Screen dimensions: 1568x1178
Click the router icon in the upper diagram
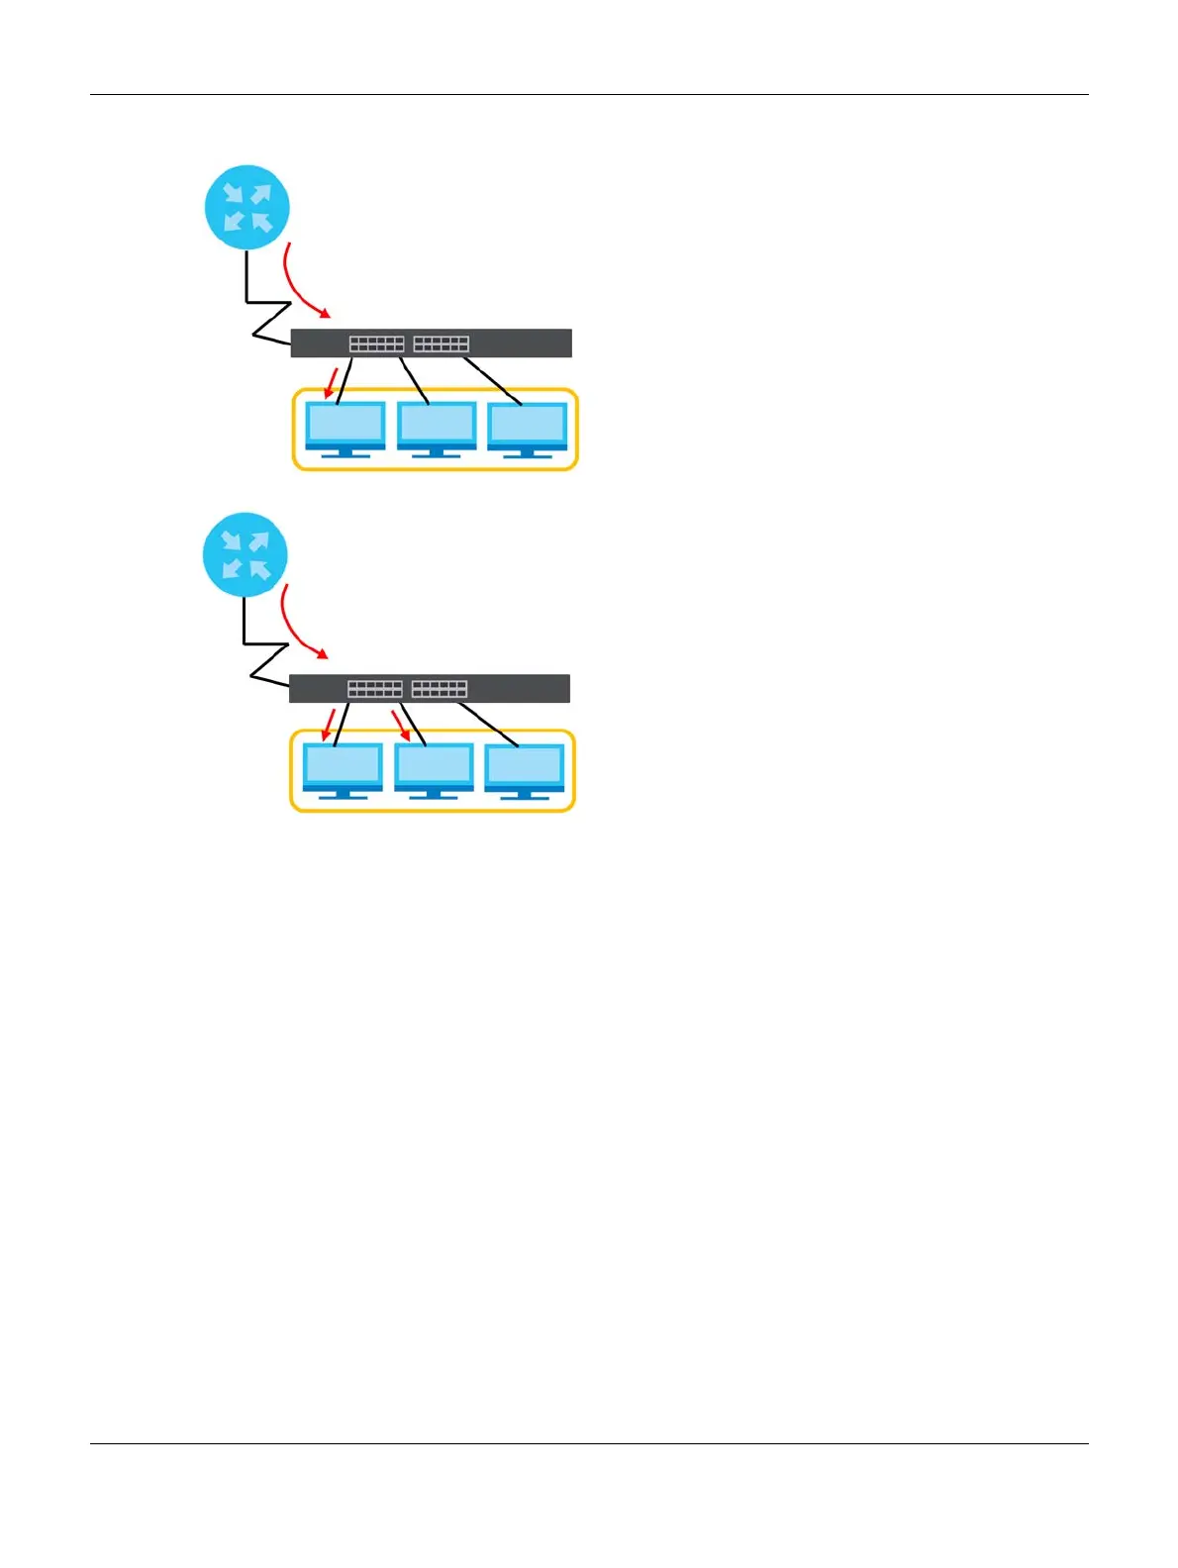pyautogui.click(x=246, y=207)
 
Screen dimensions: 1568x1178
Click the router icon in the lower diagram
pyautogui.click(x=245, y=553)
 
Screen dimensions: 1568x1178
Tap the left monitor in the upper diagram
pyautogui.click(x=345, y=429)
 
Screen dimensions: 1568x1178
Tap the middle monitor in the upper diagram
pyautogui.click(x=437, y=429)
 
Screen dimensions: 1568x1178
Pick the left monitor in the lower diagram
pyautogui.click(x=343, y=769)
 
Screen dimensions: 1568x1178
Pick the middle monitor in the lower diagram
pyautogui.click(x=434, y=769)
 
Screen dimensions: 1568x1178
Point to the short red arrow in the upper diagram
pyautogui.click(x=332, y=383)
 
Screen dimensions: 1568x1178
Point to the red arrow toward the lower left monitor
pyautogui.click(x=330, y=725)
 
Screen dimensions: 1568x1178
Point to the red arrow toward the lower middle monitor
pyautogui.click(x=400, y=724)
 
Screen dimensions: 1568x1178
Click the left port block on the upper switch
pyautogui.click(x=376, y=343)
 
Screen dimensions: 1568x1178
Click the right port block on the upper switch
pyautogui.click(x=441, y=343)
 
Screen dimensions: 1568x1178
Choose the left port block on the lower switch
pyautogui.click(x=374, y=689)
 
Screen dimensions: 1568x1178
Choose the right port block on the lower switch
pyautogui.click(x=439, y=689)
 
